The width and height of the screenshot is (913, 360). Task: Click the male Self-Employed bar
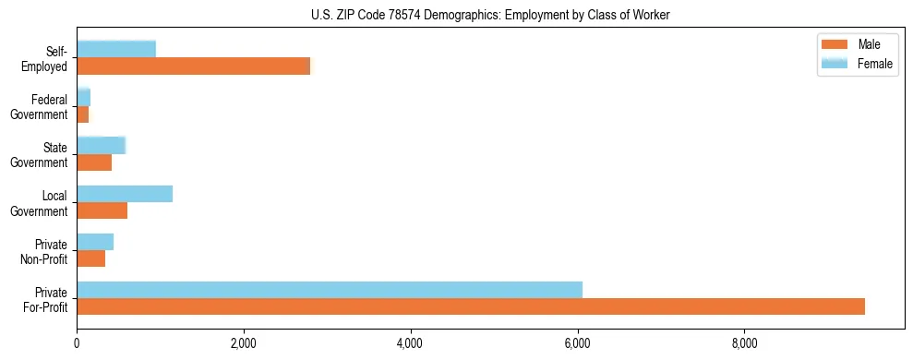tap(194, 66)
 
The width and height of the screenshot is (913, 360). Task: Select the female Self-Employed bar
tap(116, 49)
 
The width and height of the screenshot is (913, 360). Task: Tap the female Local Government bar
tap(125, 194)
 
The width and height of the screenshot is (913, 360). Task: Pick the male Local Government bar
tap(102, 210)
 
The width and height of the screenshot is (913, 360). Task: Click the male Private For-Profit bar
tap(471, 306)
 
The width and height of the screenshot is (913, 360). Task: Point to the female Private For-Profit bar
tap(330, 290)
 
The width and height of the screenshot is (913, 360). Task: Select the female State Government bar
tap(101, 146)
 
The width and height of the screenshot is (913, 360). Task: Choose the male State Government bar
tap(94, 162)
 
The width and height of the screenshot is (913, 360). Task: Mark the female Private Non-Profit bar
tap(95, 242)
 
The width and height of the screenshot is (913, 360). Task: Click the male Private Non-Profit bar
tap(90, 258)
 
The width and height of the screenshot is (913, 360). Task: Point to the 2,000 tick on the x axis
tap(243, 343)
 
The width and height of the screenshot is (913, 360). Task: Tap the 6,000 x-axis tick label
tap(577, 343)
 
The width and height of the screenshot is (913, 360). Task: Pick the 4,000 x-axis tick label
tap(410, 343)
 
